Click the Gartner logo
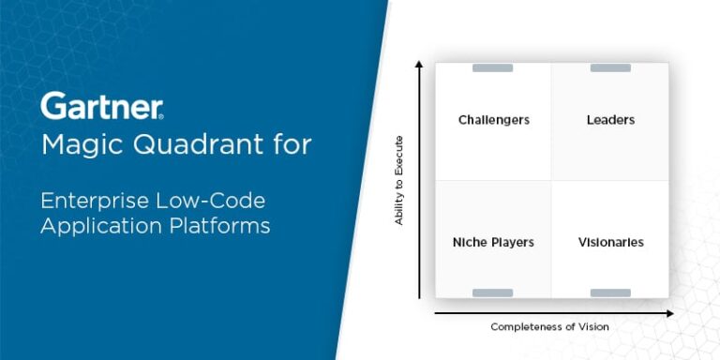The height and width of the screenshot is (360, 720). [x=100, y=105]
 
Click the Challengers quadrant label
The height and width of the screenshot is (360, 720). [x=493, y=120]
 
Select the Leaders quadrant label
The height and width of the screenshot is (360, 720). [x=610, y=120]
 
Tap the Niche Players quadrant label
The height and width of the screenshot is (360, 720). [x=493, y=242]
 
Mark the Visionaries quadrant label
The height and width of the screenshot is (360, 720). [x=610, y=242]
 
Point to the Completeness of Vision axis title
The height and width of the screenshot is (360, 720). [x=549, y=326]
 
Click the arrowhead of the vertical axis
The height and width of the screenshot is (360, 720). [x=419, y=65]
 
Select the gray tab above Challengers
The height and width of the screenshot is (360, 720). [x=492, y=67]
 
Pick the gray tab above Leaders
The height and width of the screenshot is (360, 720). [x=610, y=67]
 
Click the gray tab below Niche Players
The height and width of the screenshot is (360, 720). [x=492, y=293]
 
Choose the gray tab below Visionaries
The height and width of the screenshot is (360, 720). [x=610, y=293]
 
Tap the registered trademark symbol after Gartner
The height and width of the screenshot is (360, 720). [x=161, y=115]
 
